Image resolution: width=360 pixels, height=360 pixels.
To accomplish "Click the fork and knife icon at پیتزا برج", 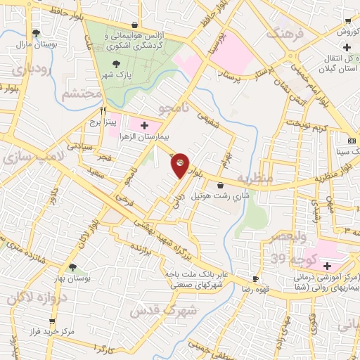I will click(x=103, y=110).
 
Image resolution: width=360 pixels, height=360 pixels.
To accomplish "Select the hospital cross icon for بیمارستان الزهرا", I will click(x=145, y=126).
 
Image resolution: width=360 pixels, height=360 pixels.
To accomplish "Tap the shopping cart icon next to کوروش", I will click(x=349, y=21).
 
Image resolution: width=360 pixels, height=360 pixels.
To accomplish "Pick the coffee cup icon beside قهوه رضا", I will click(x=256, y=278).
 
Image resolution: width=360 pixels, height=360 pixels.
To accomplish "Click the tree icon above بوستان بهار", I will click(x=72, y=266).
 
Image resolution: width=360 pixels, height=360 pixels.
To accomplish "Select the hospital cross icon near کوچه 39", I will click(x=328, y=266).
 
